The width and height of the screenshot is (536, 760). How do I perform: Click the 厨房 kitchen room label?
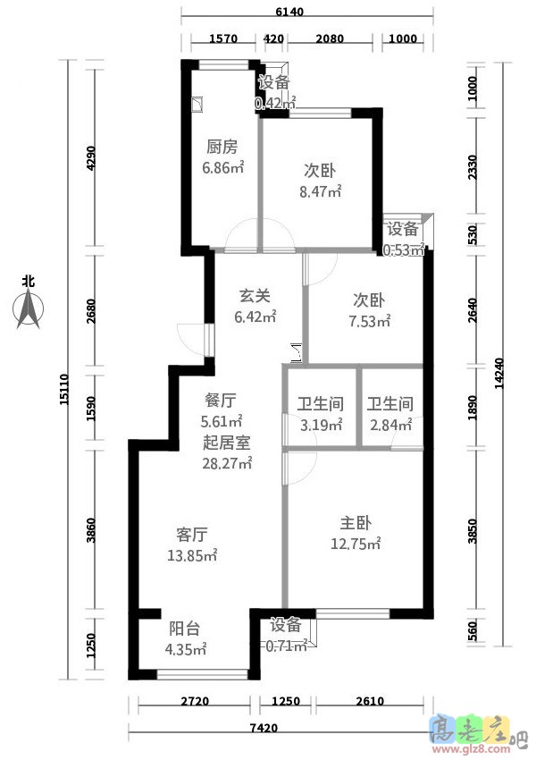(x=222, y=147)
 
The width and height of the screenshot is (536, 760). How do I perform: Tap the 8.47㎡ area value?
(x=320, y=190)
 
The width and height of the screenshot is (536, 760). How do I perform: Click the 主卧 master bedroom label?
(x=355, y=523)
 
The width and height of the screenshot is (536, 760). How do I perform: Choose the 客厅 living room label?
(x=191, y=535)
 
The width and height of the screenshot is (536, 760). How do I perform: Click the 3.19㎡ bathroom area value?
(x=321, y=426)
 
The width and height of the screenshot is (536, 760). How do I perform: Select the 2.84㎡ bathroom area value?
(x=389, y=426)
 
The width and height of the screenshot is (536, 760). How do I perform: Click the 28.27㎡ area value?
(x=228, y=463)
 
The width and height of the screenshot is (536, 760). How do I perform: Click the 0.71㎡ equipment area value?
(x=285, y=645)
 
